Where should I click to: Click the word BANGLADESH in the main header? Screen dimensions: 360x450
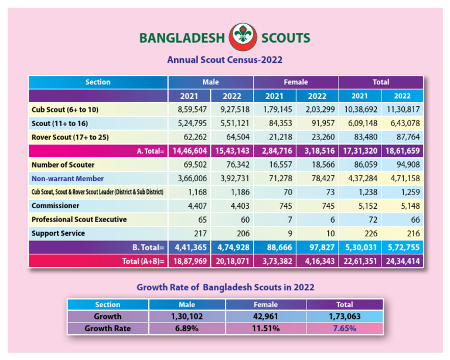tap(182, 39)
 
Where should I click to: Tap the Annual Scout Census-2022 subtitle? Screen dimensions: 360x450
tap(225, 60)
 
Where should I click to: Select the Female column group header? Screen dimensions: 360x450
tap(296, 82)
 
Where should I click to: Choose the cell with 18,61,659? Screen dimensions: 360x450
tap(402, 151)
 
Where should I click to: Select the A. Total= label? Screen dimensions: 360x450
tap(149, 151)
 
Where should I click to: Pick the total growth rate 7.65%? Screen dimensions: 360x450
tap(345, 328)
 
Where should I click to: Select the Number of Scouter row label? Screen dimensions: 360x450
tap(63, 165)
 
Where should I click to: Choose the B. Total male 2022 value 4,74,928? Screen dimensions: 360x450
tap(231, 247)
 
